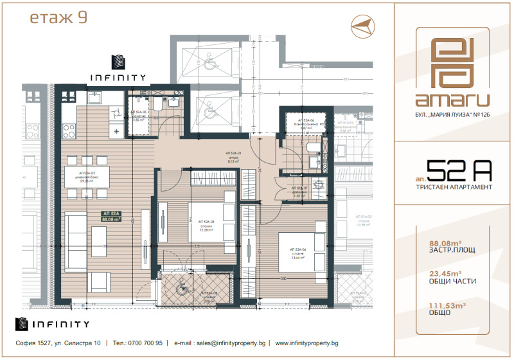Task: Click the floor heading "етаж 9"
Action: pyautogui.click(x=59, y=17)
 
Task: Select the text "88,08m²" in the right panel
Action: pyautogui.click(x=445, y=243)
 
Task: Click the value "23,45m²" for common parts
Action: pyautogui.click(x=445, y=273)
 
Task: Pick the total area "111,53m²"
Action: pyautogui.click(x=447, y=303)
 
